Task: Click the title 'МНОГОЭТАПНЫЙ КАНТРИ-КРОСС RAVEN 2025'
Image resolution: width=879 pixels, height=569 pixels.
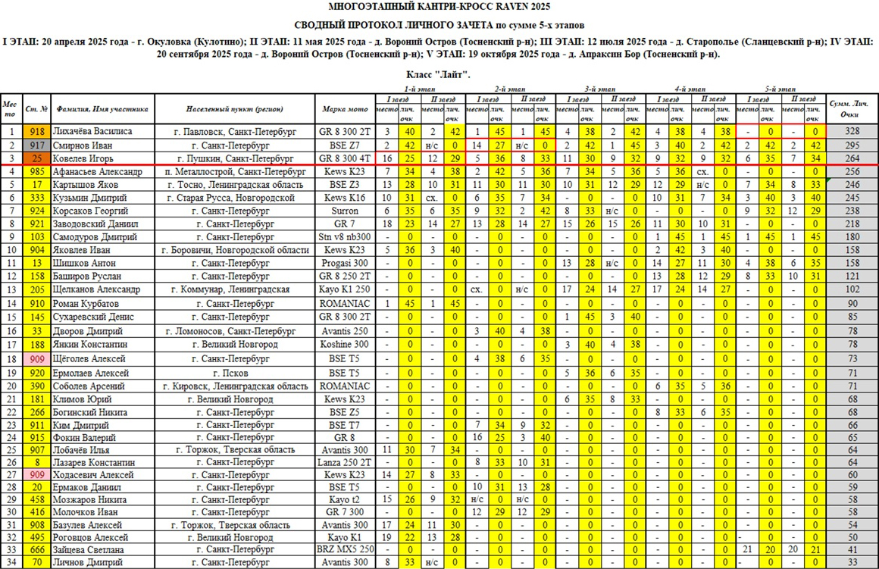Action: pyautogui.click(x=439, y=8)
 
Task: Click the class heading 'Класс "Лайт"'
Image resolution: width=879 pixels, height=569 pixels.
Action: pyautogui.click(x=439, y=74)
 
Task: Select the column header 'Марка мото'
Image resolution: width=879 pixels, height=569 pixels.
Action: pyautogui.click(x=345, y=108)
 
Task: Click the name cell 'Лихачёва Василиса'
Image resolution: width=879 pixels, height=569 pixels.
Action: pyautogui.click(x=93, y=131)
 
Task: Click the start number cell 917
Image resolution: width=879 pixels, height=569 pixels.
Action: pyautogui.click(x=37, y=145)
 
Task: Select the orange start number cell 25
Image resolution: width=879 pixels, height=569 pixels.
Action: pyautogui.click(x=37, y=158)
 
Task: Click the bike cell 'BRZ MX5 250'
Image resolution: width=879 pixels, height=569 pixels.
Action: pyautogui.click(x=345, y=549)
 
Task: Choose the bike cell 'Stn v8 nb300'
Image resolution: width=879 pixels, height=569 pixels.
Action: pyautogui.click(x=345, y=236)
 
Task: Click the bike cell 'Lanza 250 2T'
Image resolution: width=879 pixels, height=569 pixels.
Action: pyautogui.click(x=345, y=461)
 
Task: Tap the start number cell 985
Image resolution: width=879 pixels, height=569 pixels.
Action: pyautogui.click(x=37, y=172)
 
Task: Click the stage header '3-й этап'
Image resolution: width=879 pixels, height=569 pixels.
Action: pyautogui.click(x=599, y=89)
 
